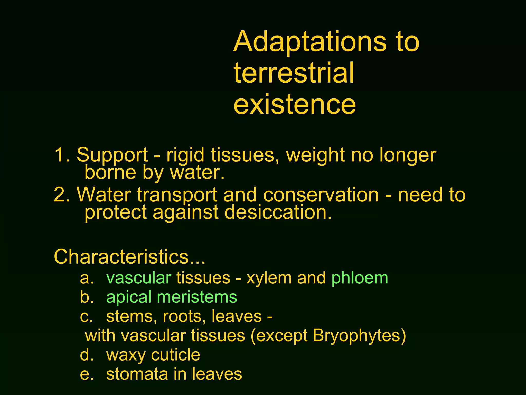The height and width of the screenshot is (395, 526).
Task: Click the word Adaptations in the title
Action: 309,41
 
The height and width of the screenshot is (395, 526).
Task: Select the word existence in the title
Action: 295,104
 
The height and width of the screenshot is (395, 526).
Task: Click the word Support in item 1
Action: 112,155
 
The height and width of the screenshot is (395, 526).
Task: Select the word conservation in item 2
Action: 321,195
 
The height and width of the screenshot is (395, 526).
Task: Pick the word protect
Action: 116,213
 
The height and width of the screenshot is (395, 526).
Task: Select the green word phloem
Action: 360,278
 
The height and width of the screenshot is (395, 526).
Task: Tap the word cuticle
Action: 176,355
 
